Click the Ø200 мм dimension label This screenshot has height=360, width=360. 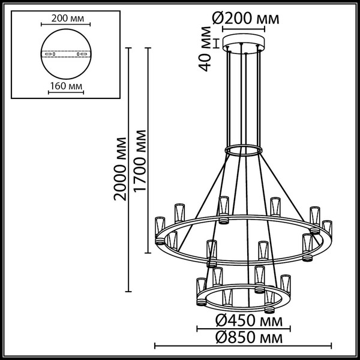click(x=245, y=19)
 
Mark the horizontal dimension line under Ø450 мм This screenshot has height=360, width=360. click(x=243, y=328)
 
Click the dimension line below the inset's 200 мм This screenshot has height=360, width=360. click(x=66, y=25)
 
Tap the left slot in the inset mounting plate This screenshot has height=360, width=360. click(x=52, y=54)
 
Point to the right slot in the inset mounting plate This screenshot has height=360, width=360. click(x=81, y=54)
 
